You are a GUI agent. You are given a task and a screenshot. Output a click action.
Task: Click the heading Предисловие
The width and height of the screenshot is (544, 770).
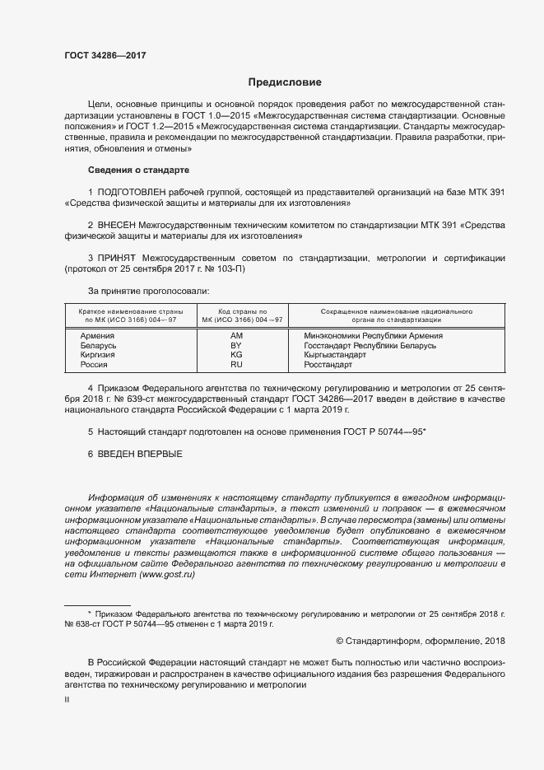tap(285, 82)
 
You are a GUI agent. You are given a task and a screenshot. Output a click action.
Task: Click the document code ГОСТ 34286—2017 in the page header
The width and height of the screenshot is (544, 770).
tap(105, 55)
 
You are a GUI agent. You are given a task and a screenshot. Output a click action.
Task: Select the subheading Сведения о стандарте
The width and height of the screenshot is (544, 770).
tap(138, 170)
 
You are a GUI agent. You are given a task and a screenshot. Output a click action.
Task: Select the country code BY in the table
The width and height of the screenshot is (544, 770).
tap(236, 345)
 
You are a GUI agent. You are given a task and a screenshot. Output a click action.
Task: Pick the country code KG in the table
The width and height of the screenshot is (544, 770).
tap(236, 354)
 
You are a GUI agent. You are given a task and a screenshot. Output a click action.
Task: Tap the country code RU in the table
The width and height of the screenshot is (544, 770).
tap(236, 364)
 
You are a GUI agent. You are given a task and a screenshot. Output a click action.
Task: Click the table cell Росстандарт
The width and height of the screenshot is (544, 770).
tap(328, 364)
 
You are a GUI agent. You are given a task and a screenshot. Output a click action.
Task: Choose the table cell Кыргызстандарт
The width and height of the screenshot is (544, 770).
tap(336, 354)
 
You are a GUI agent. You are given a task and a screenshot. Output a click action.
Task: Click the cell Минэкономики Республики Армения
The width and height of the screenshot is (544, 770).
tap(373, 335)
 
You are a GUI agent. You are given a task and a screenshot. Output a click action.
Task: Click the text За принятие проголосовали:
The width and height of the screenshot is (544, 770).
tap(148, 291)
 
